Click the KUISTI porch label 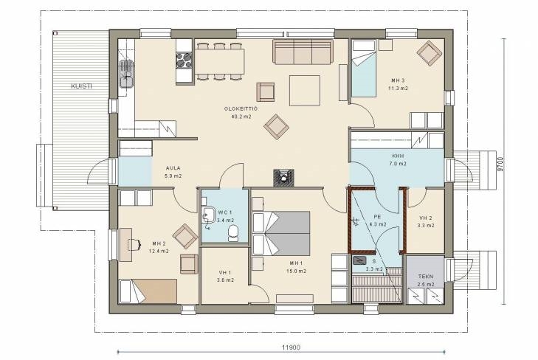(81, 86)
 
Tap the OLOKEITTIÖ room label (241, 108)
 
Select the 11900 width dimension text (291, 347)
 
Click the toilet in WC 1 (233, 233)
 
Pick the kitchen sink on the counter (126, 73)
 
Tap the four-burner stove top (184, 60)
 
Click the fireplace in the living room (283, 178)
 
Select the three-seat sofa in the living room (303, 52)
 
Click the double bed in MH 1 (281, 233)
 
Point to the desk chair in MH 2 (134, 244)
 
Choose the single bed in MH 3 (363, 69)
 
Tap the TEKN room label (426, 276)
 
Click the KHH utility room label (398, 156)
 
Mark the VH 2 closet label (426, 218)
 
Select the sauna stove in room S (359, 260)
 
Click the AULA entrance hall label (173, 168)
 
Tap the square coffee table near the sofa (305, 91)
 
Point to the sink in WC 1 (208, 215)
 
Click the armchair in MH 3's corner (430, 53)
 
